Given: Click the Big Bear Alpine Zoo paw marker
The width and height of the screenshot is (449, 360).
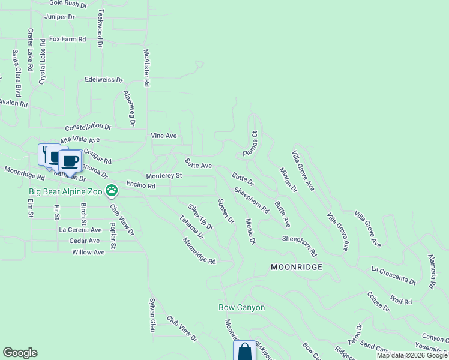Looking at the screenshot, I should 111,191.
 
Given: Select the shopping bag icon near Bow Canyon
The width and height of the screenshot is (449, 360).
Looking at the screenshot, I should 244,352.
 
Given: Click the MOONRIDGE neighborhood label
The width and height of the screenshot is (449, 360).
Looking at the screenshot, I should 297,266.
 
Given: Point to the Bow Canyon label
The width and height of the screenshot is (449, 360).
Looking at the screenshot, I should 241,308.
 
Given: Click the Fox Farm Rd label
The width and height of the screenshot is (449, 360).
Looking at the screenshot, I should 68,39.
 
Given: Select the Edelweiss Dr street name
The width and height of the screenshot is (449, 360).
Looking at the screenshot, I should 104,79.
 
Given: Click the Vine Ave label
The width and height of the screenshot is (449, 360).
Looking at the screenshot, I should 164,136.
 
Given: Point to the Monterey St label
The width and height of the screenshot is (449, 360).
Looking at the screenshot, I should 164,176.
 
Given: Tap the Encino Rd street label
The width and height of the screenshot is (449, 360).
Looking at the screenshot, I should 141,186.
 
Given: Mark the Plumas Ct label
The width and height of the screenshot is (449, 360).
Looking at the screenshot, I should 250,145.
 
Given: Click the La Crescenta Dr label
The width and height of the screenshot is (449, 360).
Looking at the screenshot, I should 393,274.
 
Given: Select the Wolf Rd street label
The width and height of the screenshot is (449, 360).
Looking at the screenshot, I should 400,298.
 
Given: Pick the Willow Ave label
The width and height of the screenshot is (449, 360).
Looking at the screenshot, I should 88,252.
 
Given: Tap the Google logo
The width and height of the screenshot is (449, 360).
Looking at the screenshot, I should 20,353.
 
